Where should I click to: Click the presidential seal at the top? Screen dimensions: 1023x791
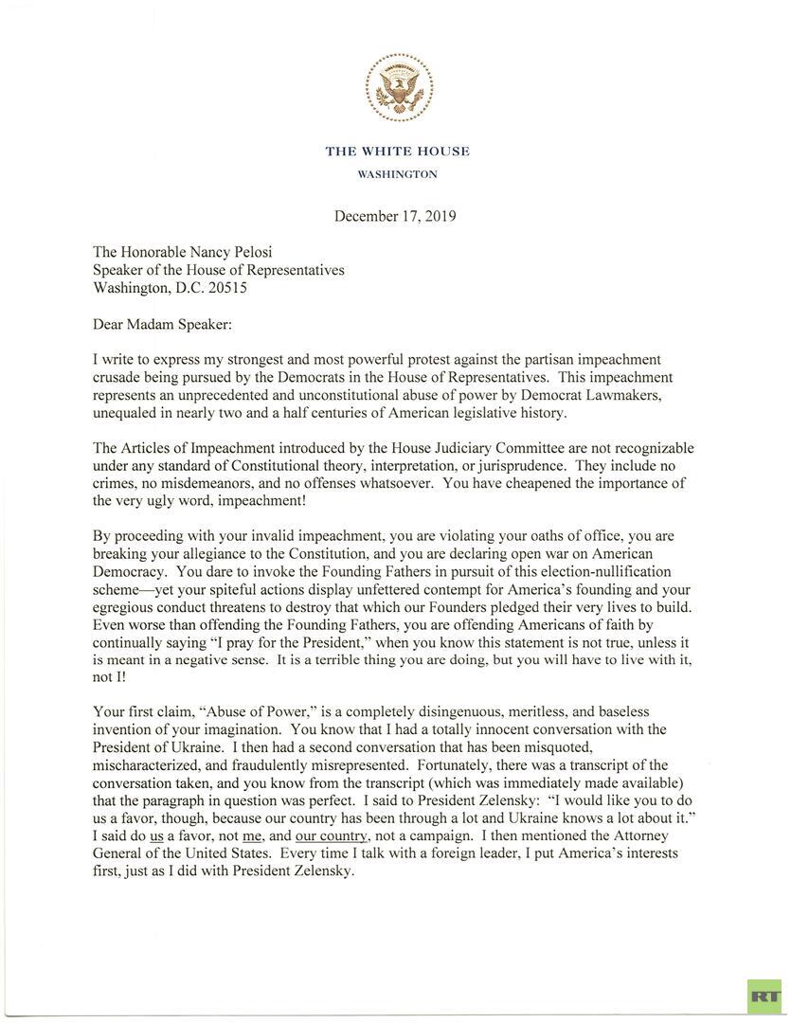click(x=399, y=89)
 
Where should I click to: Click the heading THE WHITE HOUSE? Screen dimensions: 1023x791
click(x=397, y=152)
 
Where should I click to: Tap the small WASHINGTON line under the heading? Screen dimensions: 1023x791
click(x=397, y=174)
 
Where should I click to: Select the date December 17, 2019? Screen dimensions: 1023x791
click(x=395, y=216)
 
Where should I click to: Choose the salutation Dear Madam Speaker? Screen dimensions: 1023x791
click(x=162, y=324)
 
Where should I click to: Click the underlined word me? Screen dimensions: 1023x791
click(x=251, y=835)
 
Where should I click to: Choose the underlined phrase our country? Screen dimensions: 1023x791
click(x=332, y=835)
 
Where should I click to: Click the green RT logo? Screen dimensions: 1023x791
click(x=763, y=996)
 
